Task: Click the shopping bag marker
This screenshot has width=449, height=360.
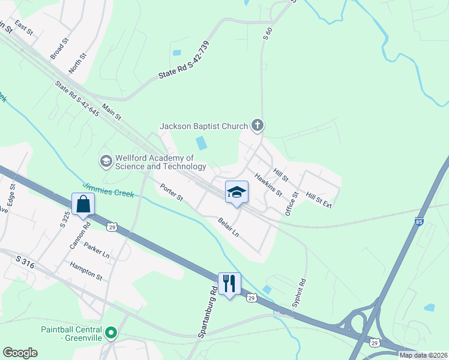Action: click(x=83, y=204)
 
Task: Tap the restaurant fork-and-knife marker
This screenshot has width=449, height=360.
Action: click(x=229, y=283)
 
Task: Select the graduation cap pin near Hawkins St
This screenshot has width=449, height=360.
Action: click(x=237, y=192)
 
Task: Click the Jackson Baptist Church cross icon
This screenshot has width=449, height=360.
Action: click(x=258, y=125)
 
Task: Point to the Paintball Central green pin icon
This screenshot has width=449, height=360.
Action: click(x=110, y=332)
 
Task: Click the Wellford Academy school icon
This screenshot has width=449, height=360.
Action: click(x=106, y=161)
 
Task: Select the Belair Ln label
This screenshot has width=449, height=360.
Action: click(x=229, y=227)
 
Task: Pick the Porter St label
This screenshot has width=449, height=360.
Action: click(x=172, y=193)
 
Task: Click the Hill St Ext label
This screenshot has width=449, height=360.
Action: click(x=319, y=200)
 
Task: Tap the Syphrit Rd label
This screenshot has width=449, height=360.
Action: click(x=299, y=293)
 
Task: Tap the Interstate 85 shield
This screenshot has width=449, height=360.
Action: click(x=418, y=222)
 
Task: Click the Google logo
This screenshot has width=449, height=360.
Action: click(x=20, y=353)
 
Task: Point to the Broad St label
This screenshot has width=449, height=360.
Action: click(x=60, y=46)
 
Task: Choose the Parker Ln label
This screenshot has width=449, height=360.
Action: click(x=97, y=250)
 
